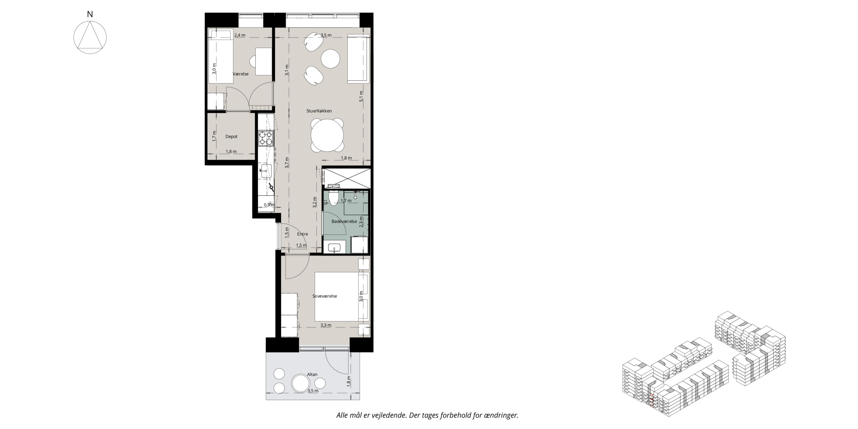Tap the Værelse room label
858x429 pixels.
coord(241,74)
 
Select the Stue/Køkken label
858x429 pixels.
coord(319,111)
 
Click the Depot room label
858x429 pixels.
coord(232,137)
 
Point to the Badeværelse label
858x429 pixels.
coord(344,222)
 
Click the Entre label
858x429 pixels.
coord(302,234)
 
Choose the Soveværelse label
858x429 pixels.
coord(325,296)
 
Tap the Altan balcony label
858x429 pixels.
coord(312,374)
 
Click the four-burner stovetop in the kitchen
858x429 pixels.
coord(266,138)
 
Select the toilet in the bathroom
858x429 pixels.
coord(334,198)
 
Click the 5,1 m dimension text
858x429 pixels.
coord(361,96)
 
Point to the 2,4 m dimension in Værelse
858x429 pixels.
coord(240,35)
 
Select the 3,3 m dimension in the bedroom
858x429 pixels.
coord(326,325)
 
